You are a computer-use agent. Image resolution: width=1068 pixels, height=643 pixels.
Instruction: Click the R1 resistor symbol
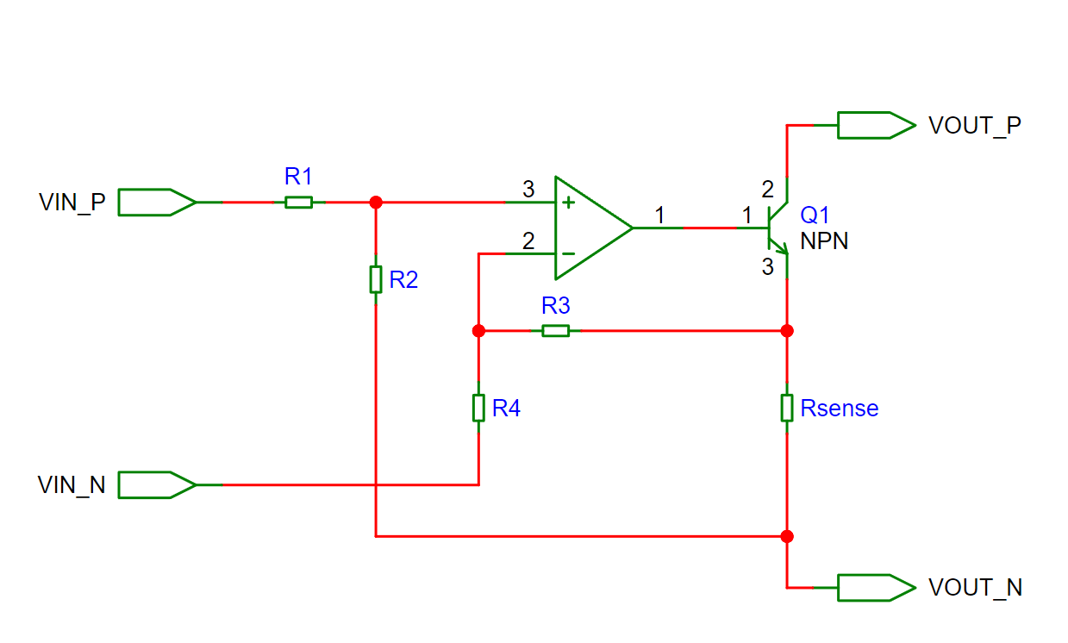tap(298, 202)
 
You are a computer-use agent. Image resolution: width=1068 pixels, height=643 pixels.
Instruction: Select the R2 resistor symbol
tap(376, 279)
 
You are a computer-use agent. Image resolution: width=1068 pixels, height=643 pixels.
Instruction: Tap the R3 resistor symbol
tap(555, 330)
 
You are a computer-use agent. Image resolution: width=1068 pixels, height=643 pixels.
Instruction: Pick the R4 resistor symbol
tap(478, 408)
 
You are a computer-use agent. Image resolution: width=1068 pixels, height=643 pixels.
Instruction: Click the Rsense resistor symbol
tap(787, 408)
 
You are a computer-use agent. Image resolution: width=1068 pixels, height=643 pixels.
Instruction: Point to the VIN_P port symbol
tap(158, 202)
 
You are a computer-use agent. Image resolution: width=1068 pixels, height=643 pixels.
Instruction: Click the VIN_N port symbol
tap(158, 484)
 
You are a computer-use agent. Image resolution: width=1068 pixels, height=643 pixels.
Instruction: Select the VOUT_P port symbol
tap(877, 125)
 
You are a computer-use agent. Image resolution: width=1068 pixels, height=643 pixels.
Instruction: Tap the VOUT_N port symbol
tap(877, 588)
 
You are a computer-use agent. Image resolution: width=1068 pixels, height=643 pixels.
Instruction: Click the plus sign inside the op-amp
tap(568, 203)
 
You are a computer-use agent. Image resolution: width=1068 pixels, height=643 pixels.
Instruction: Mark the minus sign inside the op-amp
tap(568, 253)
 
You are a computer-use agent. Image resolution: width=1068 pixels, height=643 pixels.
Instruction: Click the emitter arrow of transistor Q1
tap(781, 247)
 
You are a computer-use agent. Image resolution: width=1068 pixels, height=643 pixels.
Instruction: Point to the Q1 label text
tap(815, 215)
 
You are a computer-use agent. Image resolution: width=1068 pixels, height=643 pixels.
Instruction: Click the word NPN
tap(824, 240)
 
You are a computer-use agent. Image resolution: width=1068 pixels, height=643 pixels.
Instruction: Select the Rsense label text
tap(840, 408)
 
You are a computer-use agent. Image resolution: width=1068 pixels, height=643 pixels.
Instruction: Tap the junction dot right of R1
tap(376, 202)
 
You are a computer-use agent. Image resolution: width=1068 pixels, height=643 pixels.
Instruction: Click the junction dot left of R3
tap(478, 330)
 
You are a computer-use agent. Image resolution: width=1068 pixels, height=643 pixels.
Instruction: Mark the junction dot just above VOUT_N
tap(787, 536)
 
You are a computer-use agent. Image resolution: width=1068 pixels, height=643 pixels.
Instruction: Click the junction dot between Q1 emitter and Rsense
tap(787, 330)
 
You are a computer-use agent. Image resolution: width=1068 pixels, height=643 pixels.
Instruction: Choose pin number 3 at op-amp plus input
tap(528, 190)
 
